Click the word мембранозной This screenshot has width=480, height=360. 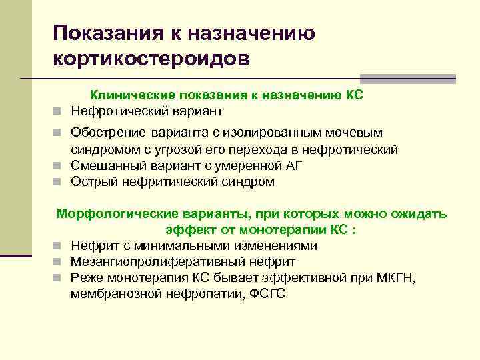113,294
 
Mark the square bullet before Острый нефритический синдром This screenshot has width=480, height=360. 59,182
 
